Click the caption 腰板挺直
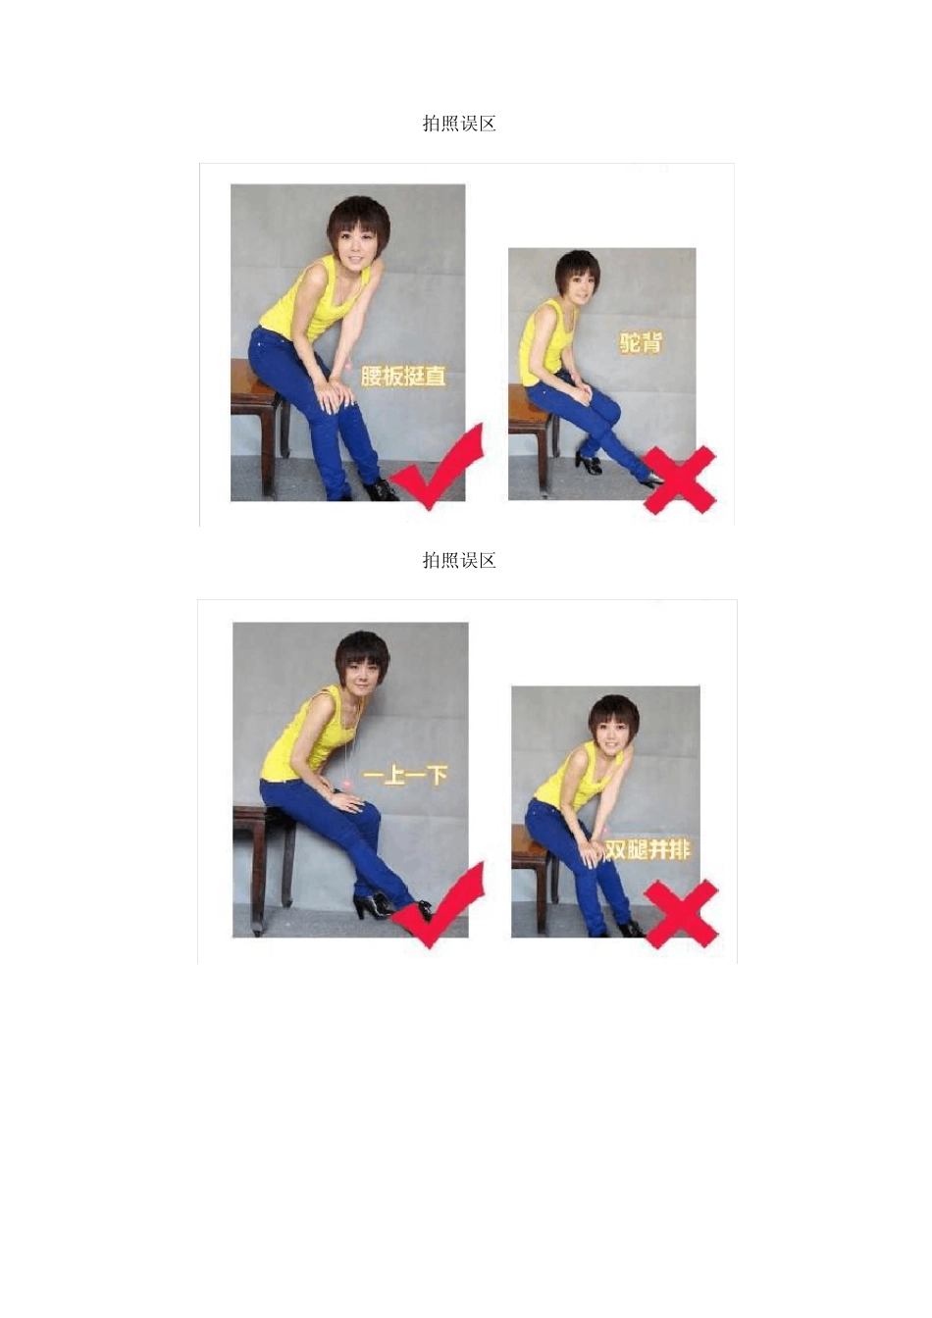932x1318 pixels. (403, 376)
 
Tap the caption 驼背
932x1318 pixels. (640, 342)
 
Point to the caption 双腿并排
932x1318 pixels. (647, 849)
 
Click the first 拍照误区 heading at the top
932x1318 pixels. (459, 124)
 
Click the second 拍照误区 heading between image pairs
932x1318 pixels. (459, 561)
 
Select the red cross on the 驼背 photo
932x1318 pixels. (680, 481)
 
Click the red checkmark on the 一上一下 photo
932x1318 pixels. (440, 904)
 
